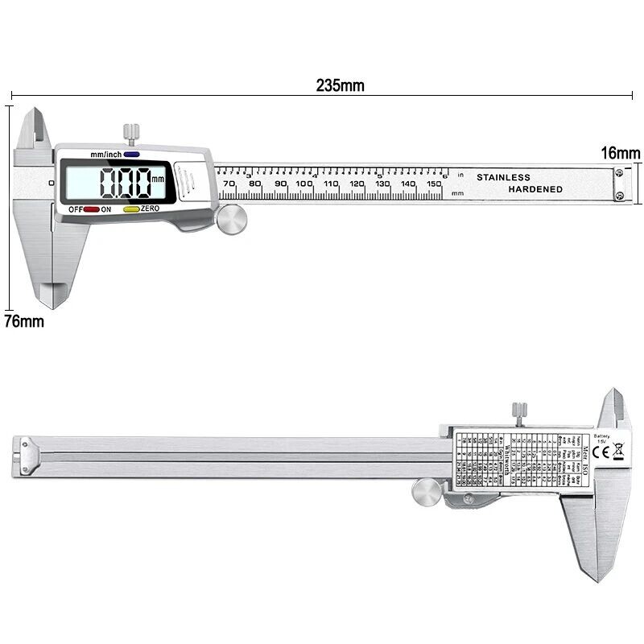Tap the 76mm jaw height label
click(x=23, y=321)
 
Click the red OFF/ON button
click(x=91, y=209)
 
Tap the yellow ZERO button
click(x=130, y=209)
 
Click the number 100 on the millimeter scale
click(x=304, y=184)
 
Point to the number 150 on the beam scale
click(x=433, y=184)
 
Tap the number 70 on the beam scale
click(x=229, y=184)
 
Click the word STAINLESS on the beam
click(x=503, y=177)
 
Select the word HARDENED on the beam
click(x=535, y=189)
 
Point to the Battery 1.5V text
click(x=603, y=439)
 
